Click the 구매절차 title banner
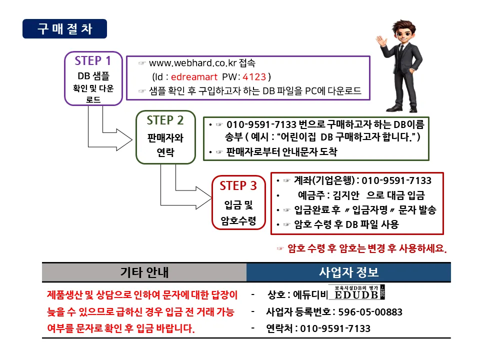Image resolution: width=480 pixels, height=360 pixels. [x=64, y=28]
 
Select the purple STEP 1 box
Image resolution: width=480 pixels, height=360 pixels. [x=93, y=78]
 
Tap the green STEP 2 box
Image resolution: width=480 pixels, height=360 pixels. [x=165, y=137]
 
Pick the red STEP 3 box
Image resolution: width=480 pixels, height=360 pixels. [x=238, y=202]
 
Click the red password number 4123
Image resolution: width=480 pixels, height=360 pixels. [x=254, y=77]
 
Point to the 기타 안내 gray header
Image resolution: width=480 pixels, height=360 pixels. [x=144, y=272]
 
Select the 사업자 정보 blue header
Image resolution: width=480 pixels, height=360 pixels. [x=348, y=272]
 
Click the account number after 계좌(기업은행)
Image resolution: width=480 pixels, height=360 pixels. [x=396, y=180]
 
